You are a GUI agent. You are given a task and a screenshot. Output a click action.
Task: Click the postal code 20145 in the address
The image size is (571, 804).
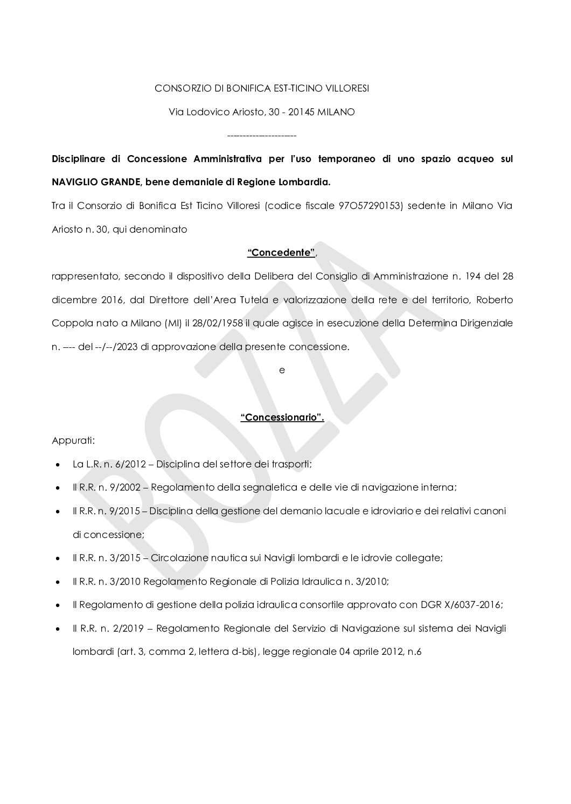tap(301, 112)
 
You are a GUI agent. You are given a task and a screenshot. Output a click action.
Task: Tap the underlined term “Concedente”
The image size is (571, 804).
tap(282, 253)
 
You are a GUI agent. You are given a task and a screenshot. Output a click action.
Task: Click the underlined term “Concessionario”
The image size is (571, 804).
tap(282, 417)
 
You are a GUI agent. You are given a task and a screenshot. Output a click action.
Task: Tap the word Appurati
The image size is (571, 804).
tap(73, 441)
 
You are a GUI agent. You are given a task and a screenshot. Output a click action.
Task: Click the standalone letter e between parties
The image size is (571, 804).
tap(282, 370)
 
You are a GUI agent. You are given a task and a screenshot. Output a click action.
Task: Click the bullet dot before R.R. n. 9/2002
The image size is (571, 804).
tap(57, 487)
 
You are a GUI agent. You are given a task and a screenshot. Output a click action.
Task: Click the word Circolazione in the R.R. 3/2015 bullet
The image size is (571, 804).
tap(177, 558)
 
